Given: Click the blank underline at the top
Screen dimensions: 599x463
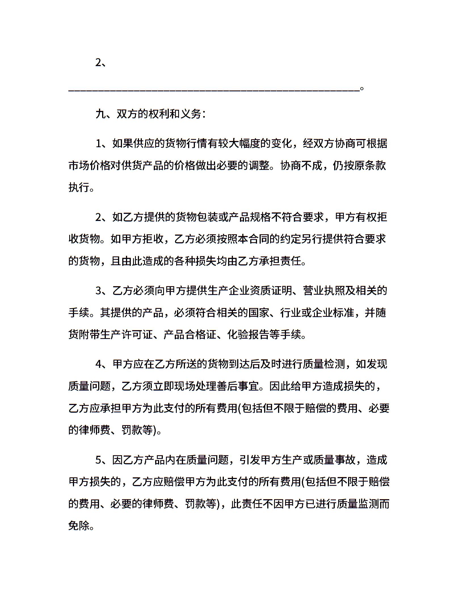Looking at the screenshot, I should click(214, 90).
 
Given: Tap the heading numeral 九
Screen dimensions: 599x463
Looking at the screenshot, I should click(100, 114).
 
